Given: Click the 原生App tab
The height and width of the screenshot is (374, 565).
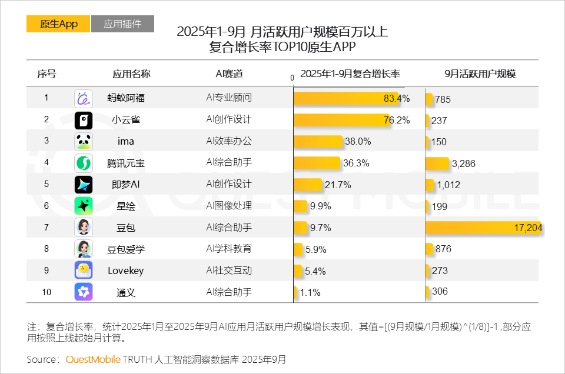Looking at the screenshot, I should click(x=58, y=24).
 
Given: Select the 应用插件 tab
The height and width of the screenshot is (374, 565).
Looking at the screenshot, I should click(x=122, y=24).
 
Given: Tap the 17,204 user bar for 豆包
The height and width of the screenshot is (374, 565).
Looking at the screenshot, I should click(x=483, y=228).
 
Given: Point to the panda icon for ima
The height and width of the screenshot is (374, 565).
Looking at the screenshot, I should click(x=83, y=141).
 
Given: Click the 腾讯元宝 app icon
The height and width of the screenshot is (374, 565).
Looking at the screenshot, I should click(x=83, y=163).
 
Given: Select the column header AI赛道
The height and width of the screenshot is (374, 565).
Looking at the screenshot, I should click(x=229, y=74).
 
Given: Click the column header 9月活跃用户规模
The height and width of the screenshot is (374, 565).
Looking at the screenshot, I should click(x=480, y=74).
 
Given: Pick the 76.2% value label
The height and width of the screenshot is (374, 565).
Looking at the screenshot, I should click(x=397, y=120).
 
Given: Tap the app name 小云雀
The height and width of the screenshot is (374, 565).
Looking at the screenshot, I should click(x=126, y=120).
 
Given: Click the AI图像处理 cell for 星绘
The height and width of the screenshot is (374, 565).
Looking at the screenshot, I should click(x=229, y=206).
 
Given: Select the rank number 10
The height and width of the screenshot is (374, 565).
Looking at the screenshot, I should click(x=46, y=292).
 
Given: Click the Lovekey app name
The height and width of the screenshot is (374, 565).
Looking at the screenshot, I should click(x=126, y=271).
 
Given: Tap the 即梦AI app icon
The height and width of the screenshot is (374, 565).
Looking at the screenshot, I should click(x=83, y=185).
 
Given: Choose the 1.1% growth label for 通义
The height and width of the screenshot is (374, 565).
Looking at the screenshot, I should click(x=310, y=292).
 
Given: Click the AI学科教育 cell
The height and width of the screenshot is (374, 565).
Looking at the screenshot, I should click(x=229, y=249).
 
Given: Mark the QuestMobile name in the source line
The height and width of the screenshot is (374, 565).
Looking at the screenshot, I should click(x=93, y=359).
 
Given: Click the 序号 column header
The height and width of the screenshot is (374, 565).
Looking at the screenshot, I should click(x=46, y=74).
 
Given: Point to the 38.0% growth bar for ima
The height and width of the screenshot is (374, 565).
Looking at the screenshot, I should click(x=318, y=141).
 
